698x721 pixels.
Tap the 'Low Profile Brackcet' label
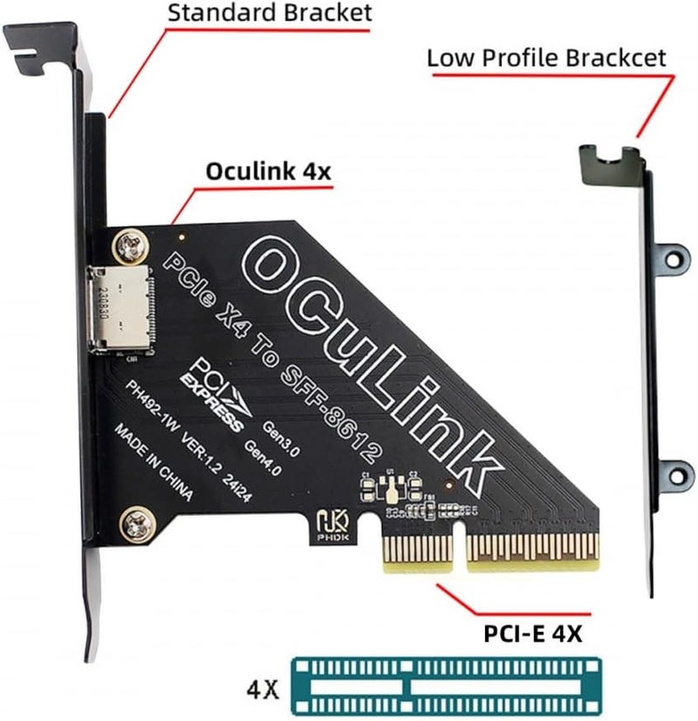point(546,59)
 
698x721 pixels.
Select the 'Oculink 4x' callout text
point(268,171)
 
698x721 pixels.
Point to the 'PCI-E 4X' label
point(533,634)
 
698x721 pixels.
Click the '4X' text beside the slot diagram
point(261,690)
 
